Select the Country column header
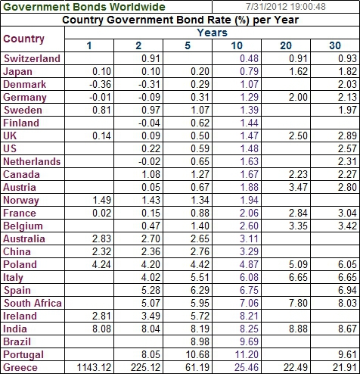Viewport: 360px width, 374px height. [24, 39]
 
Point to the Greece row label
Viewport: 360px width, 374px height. [21, 368]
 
